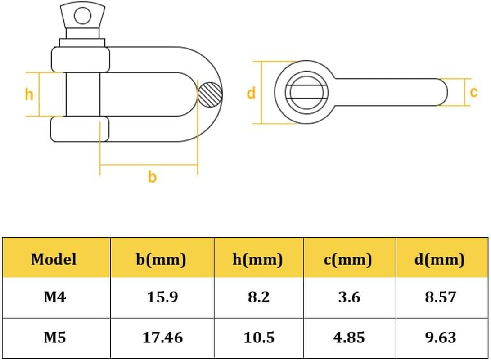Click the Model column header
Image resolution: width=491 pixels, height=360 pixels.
(54, 259)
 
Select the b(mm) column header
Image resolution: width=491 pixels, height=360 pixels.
(161, 259)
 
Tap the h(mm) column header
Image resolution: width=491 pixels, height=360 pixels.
(259, 259)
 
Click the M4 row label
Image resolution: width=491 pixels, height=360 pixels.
(54, 297)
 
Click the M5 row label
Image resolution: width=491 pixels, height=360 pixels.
(54, 337)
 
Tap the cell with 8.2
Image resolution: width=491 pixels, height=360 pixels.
(259, 297)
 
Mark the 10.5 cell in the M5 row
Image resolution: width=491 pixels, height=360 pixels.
(259, 337)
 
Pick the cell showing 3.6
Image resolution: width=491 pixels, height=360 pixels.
(349, 297)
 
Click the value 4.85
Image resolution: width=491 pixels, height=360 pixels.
(349, 337)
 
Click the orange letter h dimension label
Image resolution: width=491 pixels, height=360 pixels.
(29, 94)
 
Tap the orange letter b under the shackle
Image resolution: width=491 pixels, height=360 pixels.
(152, 177)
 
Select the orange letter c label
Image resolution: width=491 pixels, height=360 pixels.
(473, 92)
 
